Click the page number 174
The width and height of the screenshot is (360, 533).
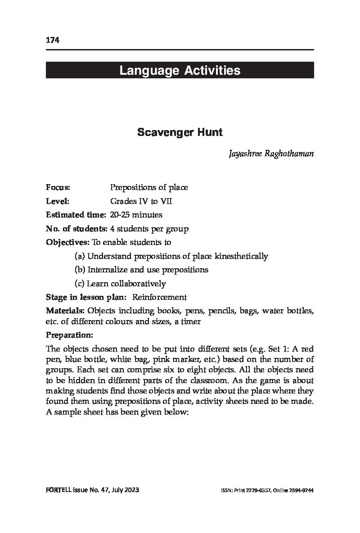click(53, 41)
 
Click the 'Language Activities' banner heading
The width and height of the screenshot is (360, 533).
click(180, 71)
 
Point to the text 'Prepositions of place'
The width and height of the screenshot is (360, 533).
click(149, 187)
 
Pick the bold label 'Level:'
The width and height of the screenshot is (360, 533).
click(57, 201)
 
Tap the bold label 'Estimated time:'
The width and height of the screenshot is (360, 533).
click(76, 215)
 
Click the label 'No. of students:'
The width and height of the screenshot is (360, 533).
click(76, 229)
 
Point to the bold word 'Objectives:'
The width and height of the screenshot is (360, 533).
click(68, 242)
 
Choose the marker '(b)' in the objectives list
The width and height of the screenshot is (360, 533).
click(80, 270)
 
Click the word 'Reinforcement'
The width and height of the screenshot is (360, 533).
click(159, 297)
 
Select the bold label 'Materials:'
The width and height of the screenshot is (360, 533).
click(66, 311)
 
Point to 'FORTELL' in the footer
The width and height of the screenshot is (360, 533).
click(58, 490)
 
